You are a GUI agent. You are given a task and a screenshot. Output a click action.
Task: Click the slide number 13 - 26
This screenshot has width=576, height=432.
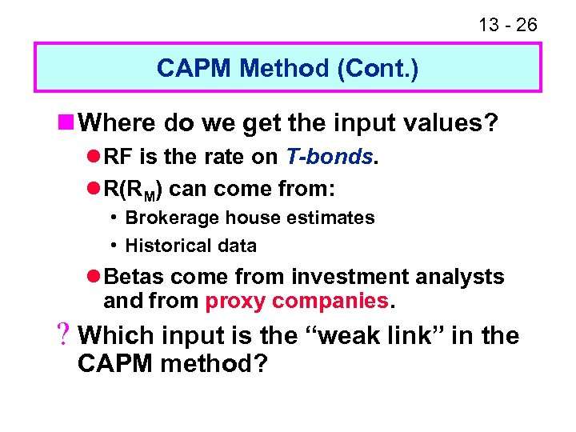[508, 26]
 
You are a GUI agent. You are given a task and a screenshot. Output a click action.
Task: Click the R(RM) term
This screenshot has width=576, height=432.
[134, 190]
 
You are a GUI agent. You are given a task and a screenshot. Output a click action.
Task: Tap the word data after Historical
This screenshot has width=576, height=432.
[236, 246]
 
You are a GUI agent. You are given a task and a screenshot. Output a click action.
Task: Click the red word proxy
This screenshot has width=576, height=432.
[236, 301]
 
